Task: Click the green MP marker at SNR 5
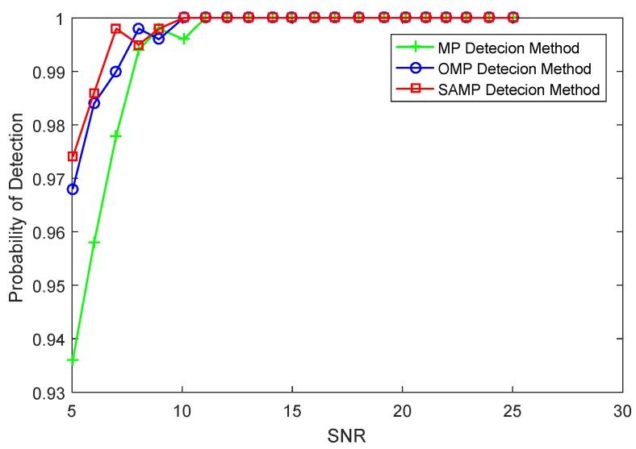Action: click(73, 360)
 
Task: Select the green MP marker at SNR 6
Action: click(94, 242)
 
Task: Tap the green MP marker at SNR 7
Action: click(116, 135)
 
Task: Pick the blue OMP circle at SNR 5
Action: click(73, 189)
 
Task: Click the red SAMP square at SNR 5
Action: click(73, 156)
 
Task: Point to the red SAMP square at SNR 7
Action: click(116, 29)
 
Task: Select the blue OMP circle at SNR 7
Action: click(116, 72)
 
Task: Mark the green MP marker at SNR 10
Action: click(183, 38)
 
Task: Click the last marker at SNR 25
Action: click(513, 17)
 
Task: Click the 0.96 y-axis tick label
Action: click(49, 232)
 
